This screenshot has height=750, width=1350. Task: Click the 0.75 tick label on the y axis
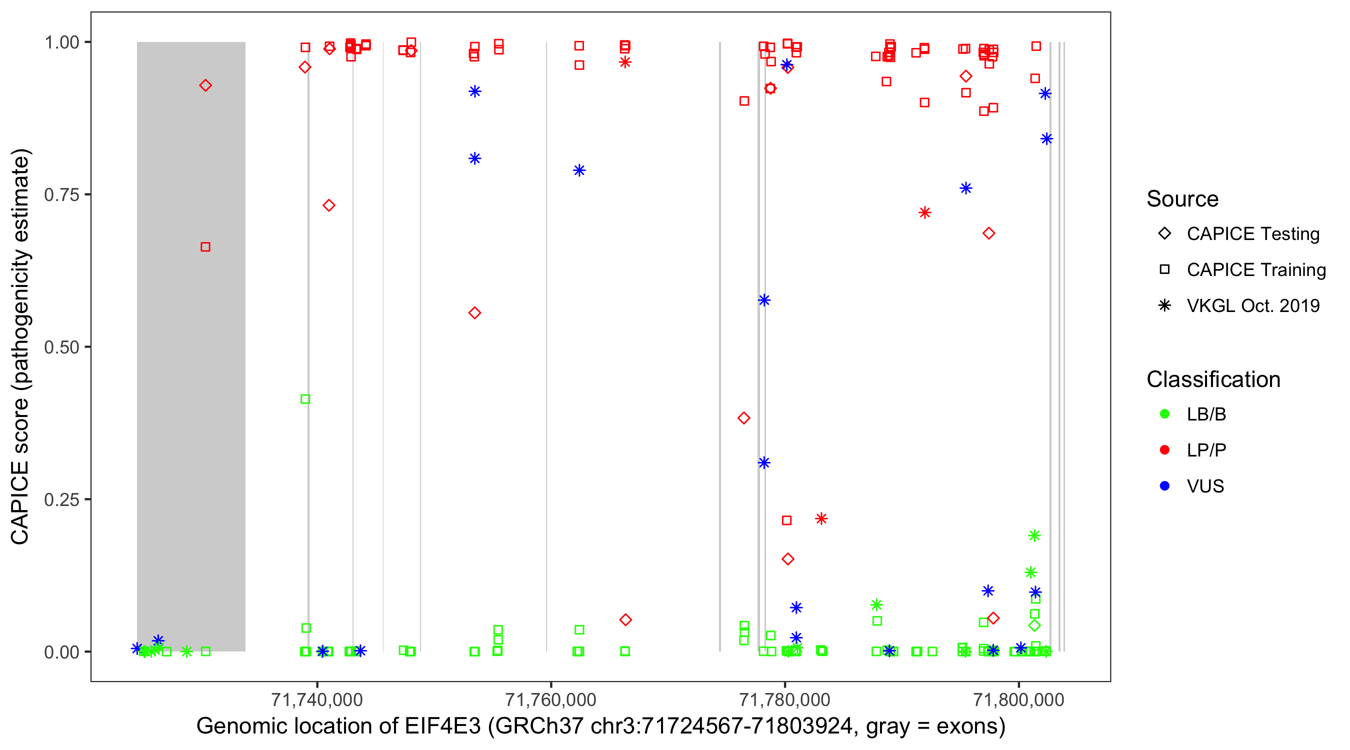(x=61, y=195)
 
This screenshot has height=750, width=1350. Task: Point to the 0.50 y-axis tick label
(x=61, y=347)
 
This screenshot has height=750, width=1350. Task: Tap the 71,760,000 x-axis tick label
(x=550, y=699)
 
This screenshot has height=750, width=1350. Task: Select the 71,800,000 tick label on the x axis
(x=1018, y=699)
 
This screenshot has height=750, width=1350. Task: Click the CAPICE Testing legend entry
(x=1252, y=234)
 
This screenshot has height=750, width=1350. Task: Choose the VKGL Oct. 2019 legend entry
(x=1252, y=305)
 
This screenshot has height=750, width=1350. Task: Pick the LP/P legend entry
(x=1206, y=450)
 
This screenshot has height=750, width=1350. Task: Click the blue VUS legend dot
(x=1164, y=486)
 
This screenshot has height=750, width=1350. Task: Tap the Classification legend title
(x=1213, y=379)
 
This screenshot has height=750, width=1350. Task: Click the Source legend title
(x=1182, y=199)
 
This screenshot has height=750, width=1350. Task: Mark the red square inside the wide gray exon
(x=205, y=247)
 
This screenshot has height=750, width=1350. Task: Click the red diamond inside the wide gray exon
(x=205, y=85)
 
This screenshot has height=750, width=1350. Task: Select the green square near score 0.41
(x=305, y=399)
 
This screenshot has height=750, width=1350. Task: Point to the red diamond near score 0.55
(x=474, y=313)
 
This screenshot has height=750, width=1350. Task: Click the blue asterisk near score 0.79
(x=579, y=170)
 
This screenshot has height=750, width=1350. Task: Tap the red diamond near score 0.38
(x=743, y=418)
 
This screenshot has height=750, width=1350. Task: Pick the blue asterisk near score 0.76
(x=966, y=188)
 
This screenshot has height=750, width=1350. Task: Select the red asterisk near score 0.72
(x=924, y=213)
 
